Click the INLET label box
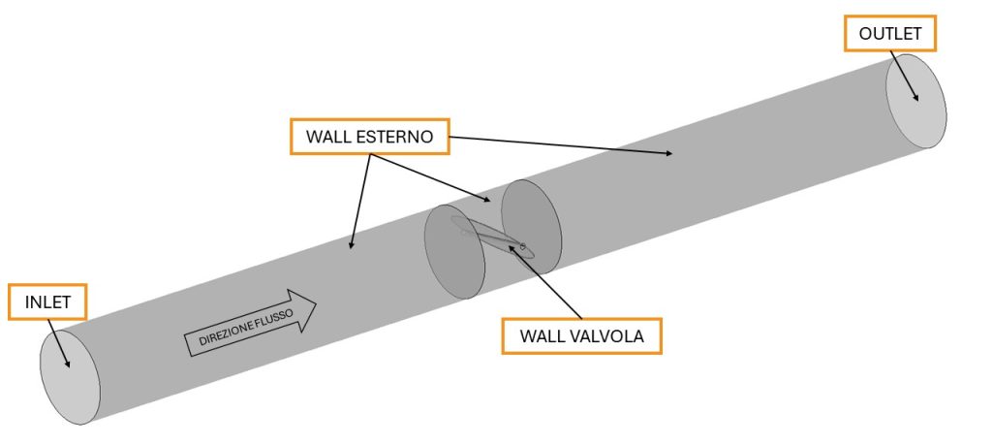point(46,302)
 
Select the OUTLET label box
point(889,33)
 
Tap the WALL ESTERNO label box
point(369,136)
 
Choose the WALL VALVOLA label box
point(581,335)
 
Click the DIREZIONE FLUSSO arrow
point(250,323)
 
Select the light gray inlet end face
point(70,377)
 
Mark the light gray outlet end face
point(915,102)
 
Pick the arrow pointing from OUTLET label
point(904,76)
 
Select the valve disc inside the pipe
point(492,238)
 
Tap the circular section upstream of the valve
point(454,251)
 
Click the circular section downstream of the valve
point(532,227)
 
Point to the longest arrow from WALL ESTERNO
point(561,145)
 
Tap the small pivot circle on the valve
point(522,246)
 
